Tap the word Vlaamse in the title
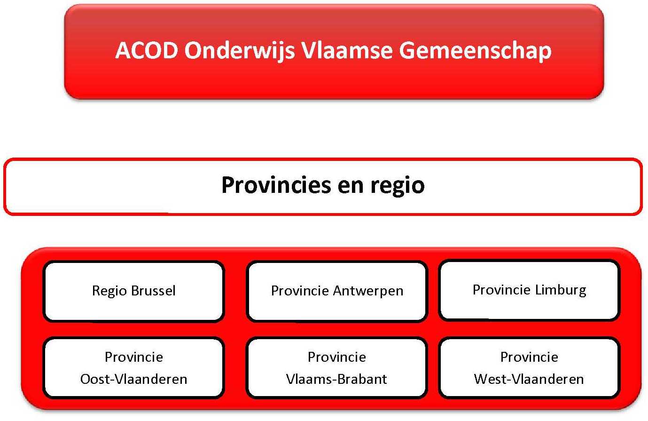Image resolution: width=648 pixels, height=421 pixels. [x=347, y=50]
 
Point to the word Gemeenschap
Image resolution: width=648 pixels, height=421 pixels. [x=475, y=50]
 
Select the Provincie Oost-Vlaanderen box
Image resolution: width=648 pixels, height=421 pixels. [x=133, y=368]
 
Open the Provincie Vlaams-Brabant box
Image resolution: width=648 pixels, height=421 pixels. [x=337, y=368]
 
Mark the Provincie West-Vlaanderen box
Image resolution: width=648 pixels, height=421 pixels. [x=529, y=368]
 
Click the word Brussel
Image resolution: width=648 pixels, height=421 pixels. [x=154, y=291]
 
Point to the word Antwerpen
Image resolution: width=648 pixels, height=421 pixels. [x=368, y=291]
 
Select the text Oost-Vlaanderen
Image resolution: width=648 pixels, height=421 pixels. [x=133, y=379]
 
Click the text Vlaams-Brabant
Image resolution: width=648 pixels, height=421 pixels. [x=337, y=379]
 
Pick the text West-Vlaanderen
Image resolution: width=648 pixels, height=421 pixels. [x=529, y=379]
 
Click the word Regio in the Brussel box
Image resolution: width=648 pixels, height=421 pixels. [x=109, y=291]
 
